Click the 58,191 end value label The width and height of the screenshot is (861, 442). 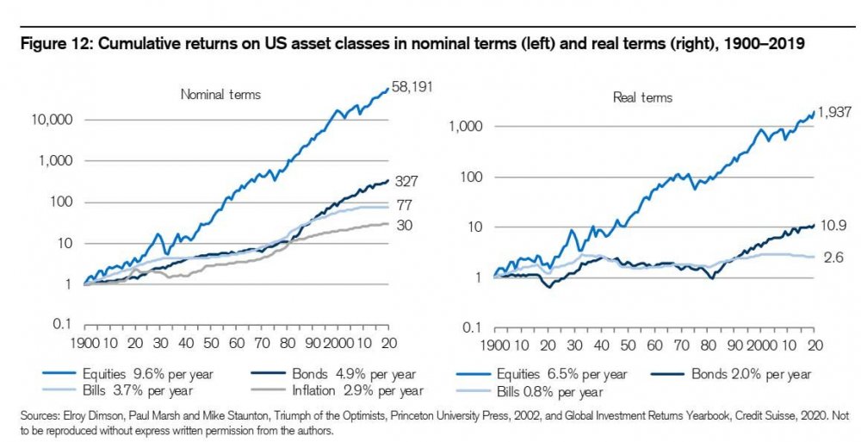(x=412, y=88)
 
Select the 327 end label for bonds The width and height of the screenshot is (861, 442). (x=407, y=183)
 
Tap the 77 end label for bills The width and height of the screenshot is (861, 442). (x=403, y=205)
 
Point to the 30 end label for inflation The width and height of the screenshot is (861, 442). (x=403, y=226)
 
